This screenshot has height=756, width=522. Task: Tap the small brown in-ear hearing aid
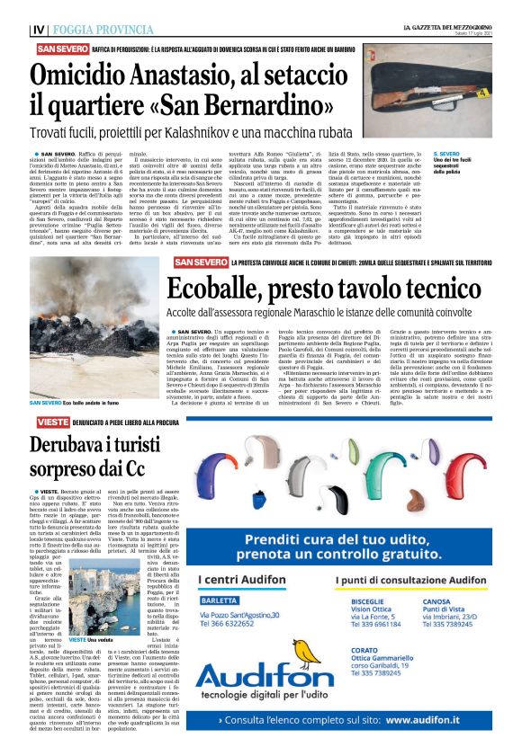[x=415, y=501]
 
